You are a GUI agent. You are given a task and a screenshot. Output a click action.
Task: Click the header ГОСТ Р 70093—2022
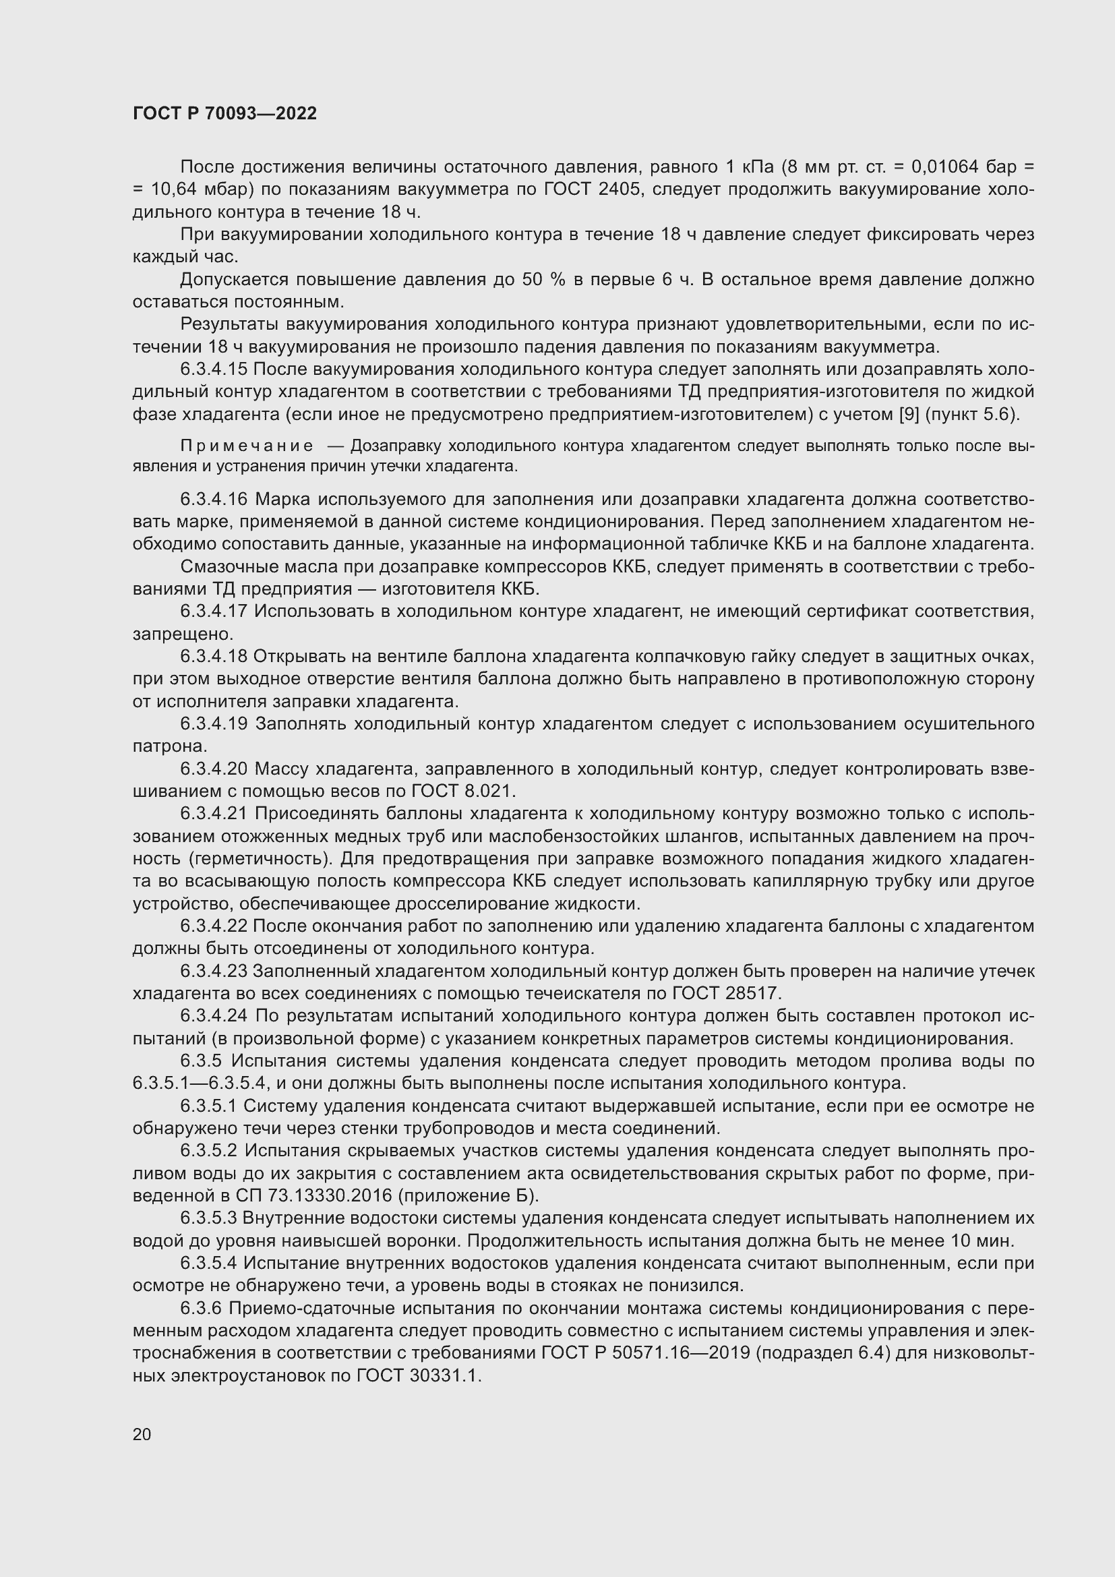tap(224, 114)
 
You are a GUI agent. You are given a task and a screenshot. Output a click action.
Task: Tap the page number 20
tap(142, 1434)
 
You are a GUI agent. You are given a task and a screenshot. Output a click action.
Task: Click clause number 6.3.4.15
tap(214, 369)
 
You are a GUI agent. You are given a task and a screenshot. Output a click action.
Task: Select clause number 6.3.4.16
tap(214, 500)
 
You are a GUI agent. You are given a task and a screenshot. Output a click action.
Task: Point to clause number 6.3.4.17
tap(214, 612)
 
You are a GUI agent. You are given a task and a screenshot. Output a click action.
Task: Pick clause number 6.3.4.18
tap(214, 657)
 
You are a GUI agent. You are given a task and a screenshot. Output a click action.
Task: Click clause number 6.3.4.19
tap(214, 724)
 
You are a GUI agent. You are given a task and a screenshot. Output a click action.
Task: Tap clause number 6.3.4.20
tap(214, 769)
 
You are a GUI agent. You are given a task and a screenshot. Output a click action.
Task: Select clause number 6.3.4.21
tap(214, 814)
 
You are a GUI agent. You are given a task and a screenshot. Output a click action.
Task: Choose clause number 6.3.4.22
tap(214, 926)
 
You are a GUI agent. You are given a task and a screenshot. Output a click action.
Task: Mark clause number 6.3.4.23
tap(214, 971)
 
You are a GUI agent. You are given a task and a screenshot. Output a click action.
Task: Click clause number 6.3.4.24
tap(214, 1016)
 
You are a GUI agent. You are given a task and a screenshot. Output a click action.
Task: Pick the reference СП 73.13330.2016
tap(321, 1196)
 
